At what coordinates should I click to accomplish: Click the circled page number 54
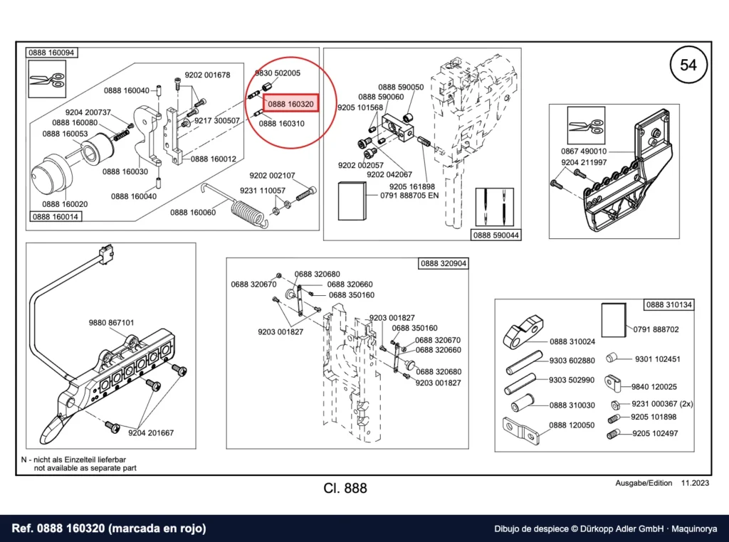tap(688, 65)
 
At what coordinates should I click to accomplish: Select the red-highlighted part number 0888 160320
tap(291, 104)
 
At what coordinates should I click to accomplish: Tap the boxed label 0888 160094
tap(51, 53)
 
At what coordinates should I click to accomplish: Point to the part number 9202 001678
tap(207, 75)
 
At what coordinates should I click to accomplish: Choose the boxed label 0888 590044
tap(495, 235)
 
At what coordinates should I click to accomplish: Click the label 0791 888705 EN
tap(409, 196)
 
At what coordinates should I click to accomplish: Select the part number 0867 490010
tap(584, 151)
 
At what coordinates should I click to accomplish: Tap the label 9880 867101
tap(111, 322)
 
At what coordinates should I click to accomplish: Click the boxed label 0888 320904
tap(443, 263)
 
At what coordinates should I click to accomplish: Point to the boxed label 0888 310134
tap(669, 304)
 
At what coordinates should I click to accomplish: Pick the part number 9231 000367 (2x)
tap(662, 404)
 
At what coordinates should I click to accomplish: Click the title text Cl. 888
tap(345, 488)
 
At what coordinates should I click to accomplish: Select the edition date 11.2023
tap(695, 483)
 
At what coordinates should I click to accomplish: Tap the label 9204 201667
tap(151, 433)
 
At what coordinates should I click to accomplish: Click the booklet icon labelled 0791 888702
tap(614, 320)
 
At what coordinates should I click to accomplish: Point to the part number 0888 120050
tap(572, 425)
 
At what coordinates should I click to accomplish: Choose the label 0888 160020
tap(65, 204)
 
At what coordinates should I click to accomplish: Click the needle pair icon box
tap(495, 207)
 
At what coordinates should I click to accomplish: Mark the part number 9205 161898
tap(412, 186)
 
